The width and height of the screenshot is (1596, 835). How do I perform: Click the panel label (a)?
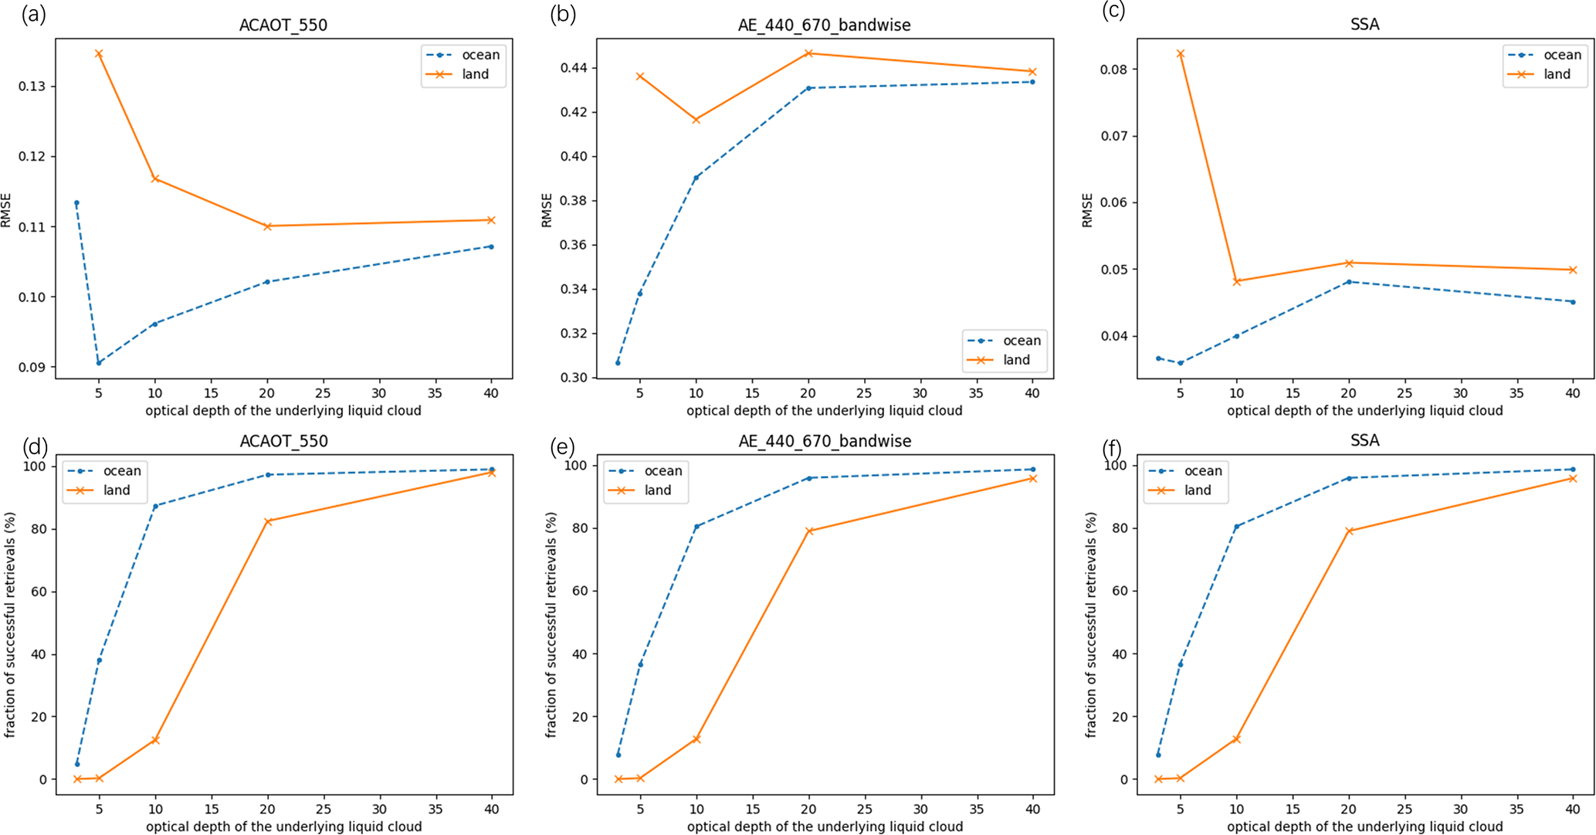pos(34,14)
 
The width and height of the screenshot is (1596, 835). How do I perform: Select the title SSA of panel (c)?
pos(1364,25)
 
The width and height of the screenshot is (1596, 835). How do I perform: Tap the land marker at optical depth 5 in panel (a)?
pos(99,54)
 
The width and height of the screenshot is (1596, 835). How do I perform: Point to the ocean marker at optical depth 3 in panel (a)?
pos(76,203)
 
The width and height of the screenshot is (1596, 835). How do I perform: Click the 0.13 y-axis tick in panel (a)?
pos(32,87)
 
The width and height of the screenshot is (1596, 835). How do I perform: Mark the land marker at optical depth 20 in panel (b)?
pos(808,53)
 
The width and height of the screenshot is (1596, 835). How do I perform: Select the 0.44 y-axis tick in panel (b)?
pos(573,68)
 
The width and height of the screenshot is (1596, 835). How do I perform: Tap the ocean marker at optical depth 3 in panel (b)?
pos(618,362)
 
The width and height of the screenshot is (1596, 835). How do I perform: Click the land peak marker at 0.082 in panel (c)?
pos(1180,54)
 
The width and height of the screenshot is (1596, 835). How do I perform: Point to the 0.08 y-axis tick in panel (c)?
pos(1113,70)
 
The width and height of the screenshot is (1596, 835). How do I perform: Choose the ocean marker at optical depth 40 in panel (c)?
pos(1573,302)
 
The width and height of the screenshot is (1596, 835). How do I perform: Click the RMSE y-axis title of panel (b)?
pos(547,210)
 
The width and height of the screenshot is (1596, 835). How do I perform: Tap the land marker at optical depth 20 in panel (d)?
pos(268,521)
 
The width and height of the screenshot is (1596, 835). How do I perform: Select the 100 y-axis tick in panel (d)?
pos(36,467)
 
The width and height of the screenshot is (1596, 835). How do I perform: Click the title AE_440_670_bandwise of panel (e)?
pos(825,441)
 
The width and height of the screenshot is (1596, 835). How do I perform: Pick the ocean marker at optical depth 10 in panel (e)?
pos(696,527)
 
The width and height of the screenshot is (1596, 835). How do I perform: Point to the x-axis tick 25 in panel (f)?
pos(1405,809)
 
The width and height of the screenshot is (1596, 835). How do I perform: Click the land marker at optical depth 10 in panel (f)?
pos(1236,739)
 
